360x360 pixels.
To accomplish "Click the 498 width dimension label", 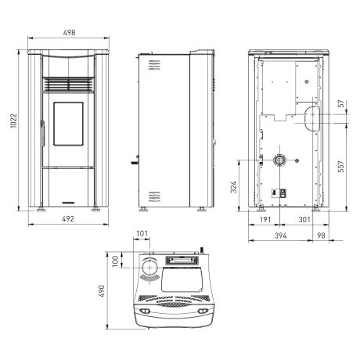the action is point(69,33).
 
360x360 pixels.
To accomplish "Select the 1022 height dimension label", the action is point(13,121).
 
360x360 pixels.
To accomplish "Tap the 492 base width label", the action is point(68,219).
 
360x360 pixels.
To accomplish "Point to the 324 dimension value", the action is point(233,187).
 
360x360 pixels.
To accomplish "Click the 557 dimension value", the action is point(341,167).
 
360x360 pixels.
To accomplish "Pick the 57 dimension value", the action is point(341,103).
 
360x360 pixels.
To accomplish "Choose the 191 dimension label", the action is point(265,220).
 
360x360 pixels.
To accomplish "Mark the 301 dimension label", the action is point(304,220).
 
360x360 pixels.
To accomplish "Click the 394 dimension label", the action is point(280,236).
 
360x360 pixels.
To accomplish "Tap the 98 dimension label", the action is point(321,236).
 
